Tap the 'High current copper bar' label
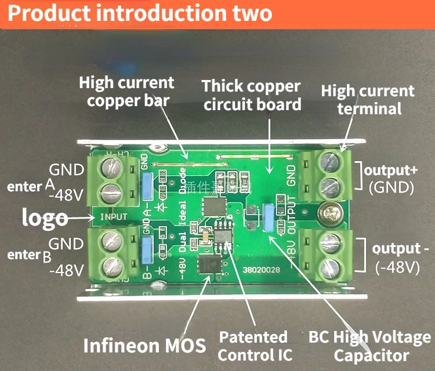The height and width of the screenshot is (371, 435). pos(127,92)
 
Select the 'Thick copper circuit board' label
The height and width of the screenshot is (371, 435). pos(252,96)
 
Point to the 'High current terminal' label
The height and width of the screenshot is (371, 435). pos(368,99)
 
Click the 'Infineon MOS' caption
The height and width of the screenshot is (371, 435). pos(144,345)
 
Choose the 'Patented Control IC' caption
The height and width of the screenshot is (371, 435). pos(254,346)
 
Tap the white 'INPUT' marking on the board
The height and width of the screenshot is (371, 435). pos(114,217)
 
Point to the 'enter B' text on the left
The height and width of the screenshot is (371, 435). pos(29,256)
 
